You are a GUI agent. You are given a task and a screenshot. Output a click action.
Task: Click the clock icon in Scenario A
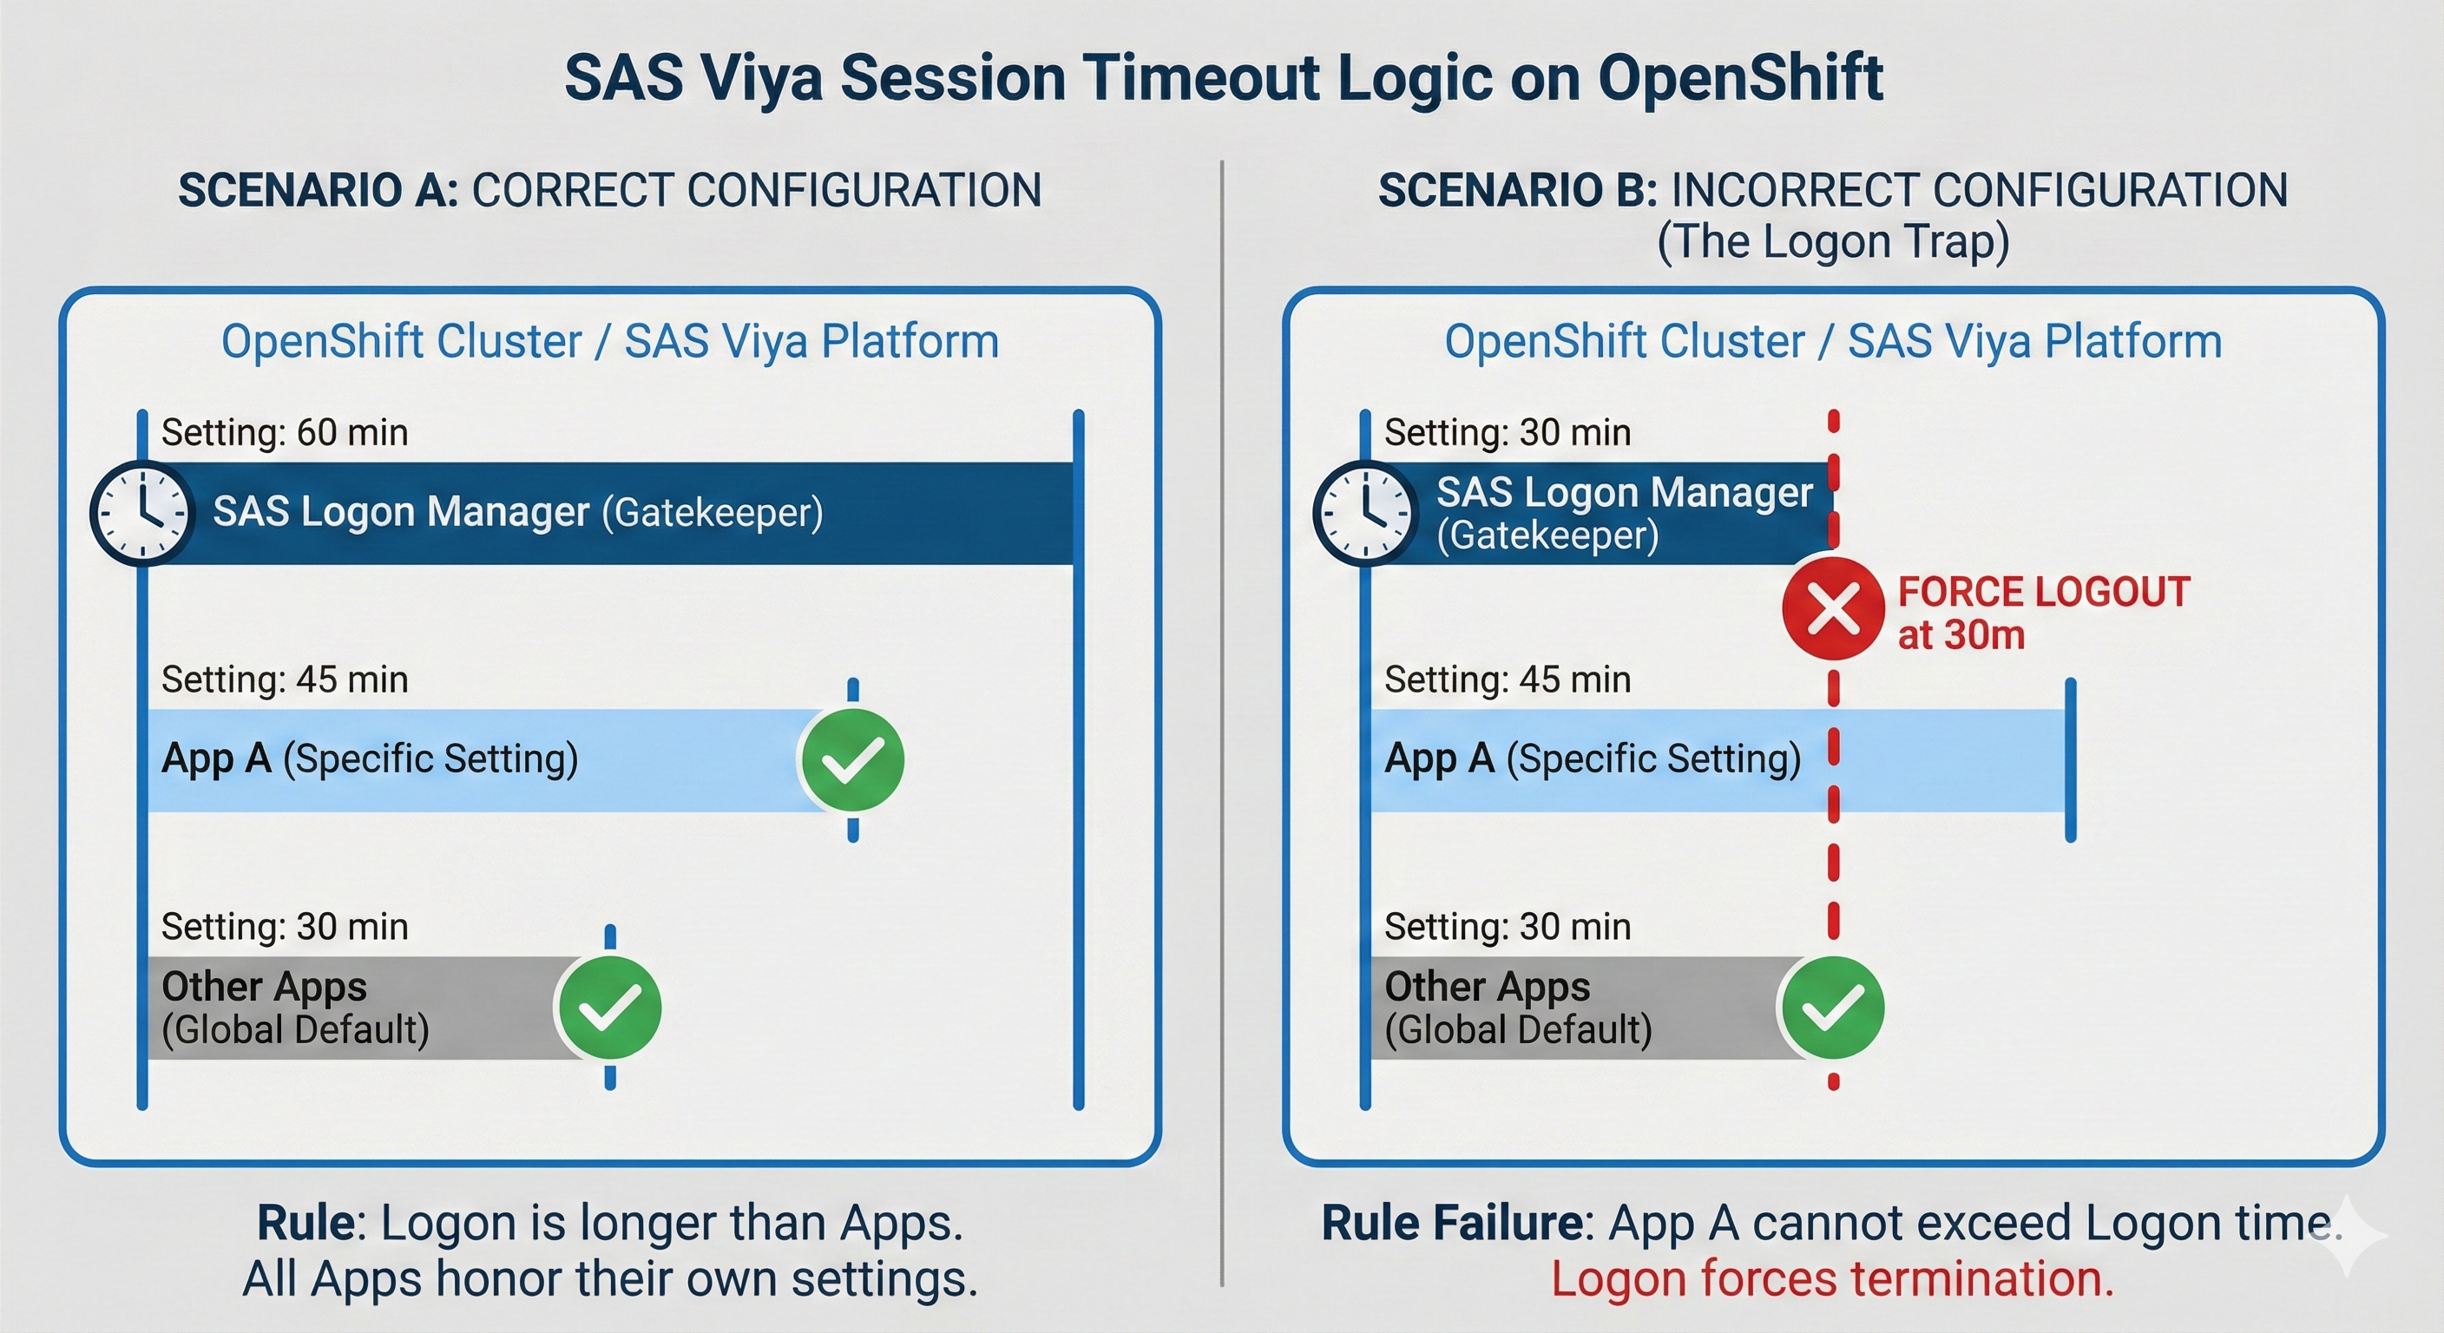(x=142, y=513)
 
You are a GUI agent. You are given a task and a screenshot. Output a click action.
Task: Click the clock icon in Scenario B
(x=1365, y=513)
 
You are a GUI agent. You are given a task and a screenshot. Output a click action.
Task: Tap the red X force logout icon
(x=1833, y=609)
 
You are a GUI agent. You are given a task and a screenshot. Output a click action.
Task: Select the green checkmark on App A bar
(x=852, y=760)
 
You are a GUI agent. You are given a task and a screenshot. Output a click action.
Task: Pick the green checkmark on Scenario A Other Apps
(x=609, y=1008)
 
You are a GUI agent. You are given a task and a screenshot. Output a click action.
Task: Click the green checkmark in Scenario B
(x=1833, y=1008)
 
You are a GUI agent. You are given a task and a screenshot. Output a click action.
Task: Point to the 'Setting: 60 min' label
(x=285, y=433)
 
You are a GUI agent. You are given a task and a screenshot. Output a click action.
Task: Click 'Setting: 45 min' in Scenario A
(x=285, y=680)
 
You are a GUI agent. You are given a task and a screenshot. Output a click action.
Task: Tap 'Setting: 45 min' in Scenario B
(x=1508, y=680)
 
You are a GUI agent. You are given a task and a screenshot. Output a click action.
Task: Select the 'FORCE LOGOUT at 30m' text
(x=2043, y=613)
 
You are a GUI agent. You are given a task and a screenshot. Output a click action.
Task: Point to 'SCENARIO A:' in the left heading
(x=319, y=190)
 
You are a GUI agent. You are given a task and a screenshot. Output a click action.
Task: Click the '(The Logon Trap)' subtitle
(x=1833, y=241)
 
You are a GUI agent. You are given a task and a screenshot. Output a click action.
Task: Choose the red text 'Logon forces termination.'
(x=1833, y=1278)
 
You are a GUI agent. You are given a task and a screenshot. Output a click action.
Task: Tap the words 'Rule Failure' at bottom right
(x=1453, y=1223)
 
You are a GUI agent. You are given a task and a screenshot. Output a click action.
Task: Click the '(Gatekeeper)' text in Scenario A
(x=713, y=513)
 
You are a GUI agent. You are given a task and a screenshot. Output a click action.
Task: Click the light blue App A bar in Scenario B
(x=1718, y=760)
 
